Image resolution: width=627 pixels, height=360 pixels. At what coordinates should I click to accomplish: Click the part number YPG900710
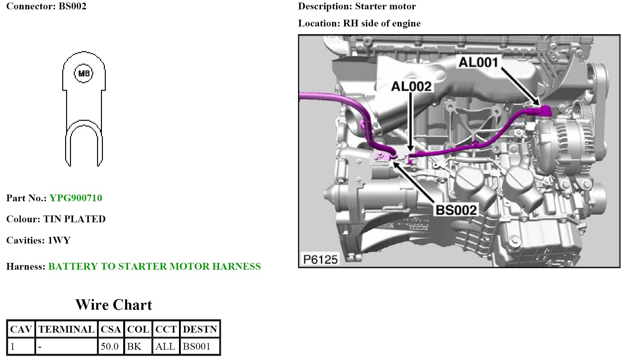[76, 198]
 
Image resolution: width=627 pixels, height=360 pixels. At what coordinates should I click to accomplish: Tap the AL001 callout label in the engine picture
[478, 62]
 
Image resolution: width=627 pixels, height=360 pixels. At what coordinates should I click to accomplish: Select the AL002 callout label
[411, 86]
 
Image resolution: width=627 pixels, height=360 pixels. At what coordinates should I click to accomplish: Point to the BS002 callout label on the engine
[456, 210]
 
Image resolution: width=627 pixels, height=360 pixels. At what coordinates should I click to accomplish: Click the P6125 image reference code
[320, 259]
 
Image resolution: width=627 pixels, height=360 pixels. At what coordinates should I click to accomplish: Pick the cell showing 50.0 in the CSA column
[110, 346]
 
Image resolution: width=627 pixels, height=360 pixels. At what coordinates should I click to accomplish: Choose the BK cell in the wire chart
[134, 346]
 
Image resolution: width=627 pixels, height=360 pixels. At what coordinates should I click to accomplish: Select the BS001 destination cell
[196, 346]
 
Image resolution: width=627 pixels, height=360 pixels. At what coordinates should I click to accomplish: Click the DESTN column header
[200, 329]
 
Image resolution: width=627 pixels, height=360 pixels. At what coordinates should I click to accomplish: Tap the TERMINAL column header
[66, 329]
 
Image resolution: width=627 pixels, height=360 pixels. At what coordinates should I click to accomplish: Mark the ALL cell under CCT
[165, 346]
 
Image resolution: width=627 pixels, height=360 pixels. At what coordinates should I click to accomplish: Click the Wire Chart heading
[114, 305]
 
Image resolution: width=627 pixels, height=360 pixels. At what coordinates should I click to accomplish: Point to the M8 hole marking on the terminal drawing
[84, 73]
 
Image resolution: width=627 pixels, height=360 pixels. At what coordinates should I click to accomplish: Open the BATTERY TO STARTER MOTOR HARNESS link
[154, 266]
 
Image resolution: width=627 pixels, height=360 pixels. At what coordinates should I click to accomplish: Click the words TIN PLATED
[74, 219]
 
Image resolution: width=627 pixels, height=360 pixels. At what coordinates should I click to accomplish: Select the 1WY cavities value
[59, 240]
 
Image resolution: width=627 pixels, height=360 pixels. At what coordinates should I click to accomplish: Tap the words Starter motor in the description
[385, 6]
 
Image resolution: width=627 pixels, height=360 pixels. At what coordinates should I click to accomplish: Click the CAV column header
[21, 329]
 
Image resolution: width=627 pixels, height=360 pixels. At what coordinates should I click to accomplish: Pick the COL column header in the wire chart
[138, 329]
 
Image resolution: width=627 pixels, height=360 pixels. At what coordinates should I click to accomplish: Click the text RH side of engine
[382, 23]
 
